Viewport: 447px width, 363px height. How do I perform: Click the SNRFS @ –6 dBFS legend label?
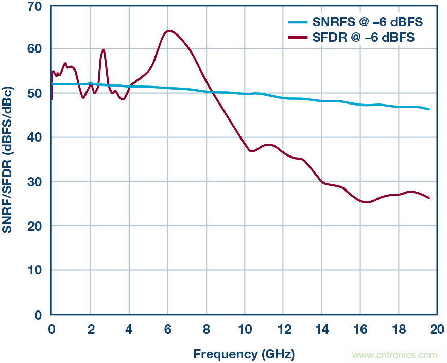[367, 22]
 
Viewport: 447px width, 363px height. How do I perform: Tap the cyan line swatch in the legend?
[297, 22]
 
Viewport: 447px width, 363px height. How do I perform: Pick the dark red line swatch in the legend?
[297, 37]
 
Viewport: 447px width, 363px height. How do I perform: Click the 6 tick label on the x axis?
[167, 329]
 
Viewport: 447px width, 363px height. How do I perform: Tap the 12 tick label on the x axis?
[283, 329]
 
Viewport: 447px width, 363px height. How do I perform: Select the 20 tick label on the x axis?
[437, 329]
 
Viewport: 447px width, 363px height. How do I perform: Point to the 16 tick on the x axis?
[360, 329]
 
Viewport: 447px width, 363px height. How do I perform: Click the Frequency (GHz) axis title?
[244, 354]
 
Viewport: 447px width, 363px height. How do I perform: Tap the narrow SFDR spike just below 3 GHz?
[104, 50]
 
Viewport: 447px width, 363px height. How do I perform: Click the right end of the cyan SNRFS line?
[429, 109]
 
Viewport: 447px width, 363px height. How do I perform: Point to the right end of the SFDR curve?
[429, 198]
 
